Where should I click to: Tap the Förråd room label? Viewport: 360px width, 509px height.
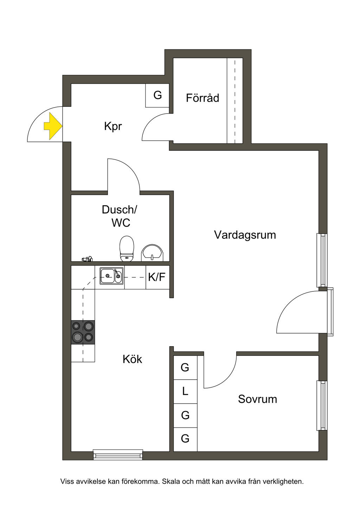tap(202, 98)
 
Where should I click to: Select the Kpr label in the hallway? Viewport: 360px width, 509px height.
tap(113, 126)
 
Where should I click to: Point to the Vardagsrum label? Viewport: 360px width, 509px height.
tap(245, 235)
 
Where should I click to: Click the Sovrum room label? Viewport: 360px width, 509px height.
tap(257, 399)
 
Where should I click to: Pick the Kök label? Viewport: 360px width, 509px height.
tap(132, 359)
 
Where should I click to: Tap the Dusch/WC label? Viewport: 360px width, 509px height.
tap(120, 216)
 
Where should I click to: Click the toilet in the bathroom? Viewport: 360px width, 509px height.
tap(127, 249)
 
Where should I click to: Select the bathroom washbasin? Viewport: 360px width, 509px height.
tap(152, 253)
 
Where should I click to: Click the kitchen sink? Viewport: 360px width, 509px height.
tap(111, 276)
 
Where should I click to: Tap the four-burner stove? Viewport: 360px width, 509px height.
tap(83, 332)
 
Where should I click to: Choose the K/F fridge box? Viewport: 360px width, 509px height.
tap(157, 277)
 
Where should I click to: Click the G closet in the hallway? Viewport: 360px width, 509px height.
tap(157, 95)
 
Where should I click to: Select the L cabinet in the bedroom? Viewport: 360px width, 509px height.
tap(185, 391)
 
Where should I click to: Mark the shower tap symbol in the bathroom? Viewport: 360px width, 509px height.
tap(87, 259)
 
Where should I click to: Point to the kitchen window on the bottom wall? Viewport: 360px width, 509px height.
tap(118, 455)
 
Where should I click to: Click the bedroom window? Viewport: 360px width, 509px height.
tap(322, 405)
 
